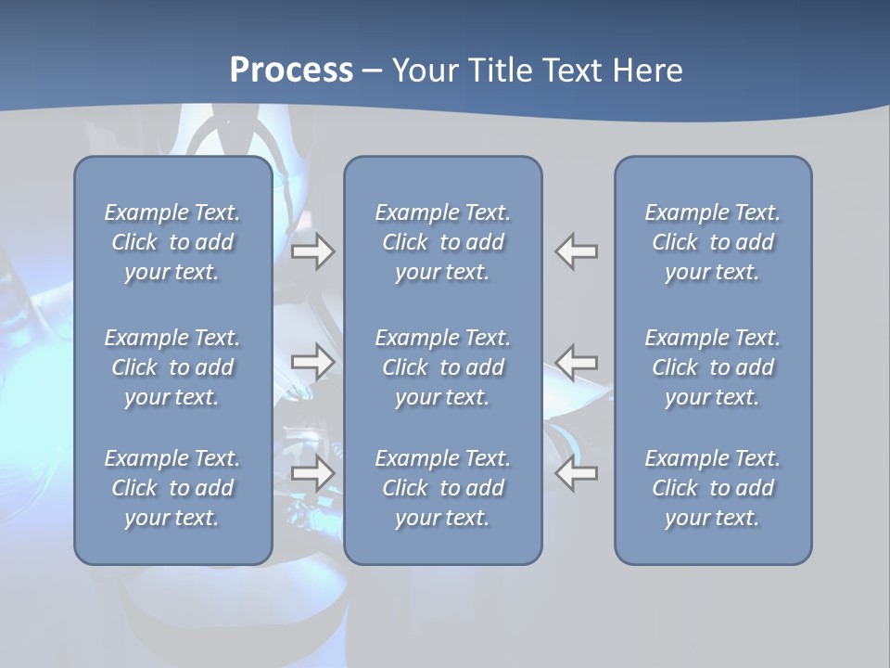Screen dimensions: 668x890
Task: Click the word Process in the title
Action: point(291,71)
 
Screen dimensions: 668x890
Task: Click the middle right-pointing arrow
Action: point(312,362)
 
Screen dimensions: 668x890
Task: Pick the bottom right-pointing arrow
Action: point(312,473)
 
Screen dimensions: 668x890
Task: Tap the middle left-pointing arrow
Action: point(577,362)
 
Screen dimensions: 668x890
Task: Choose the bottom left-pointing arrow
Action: point(577,473)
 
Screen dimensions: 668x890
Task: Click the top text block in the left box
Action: point(172,242)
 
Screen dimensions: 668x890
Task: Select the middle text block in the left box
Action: point(172,367)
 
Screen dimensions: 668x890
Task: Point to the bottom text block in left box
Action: point(172,488)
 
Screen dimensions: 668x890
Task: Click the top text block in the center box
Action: point(442,242)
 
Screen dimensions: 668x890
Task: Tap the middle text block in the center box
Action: point(442,367)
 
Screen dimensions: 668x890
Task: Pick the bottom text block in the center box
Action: point(442,488)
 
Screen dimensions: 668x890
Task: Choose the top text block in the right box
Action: point(713,242)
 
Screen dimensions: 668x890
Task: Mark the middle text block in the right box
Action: point(713,367)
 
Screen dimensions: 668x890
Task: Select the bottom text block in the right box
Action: point(713,488)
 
